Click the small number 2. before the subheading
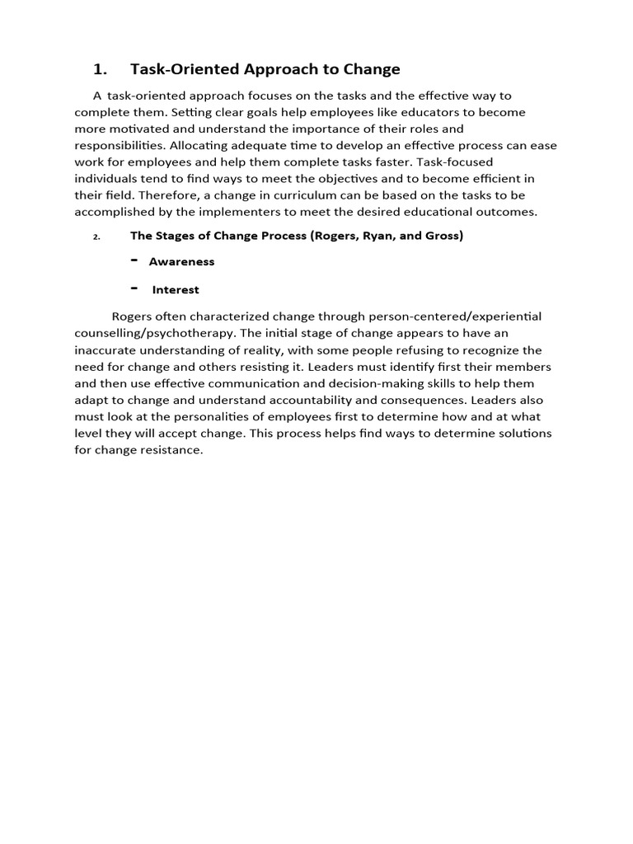pos(96,237)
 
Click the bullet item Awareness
pos(181,262)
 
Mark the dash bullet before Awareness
pos(134,260)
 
